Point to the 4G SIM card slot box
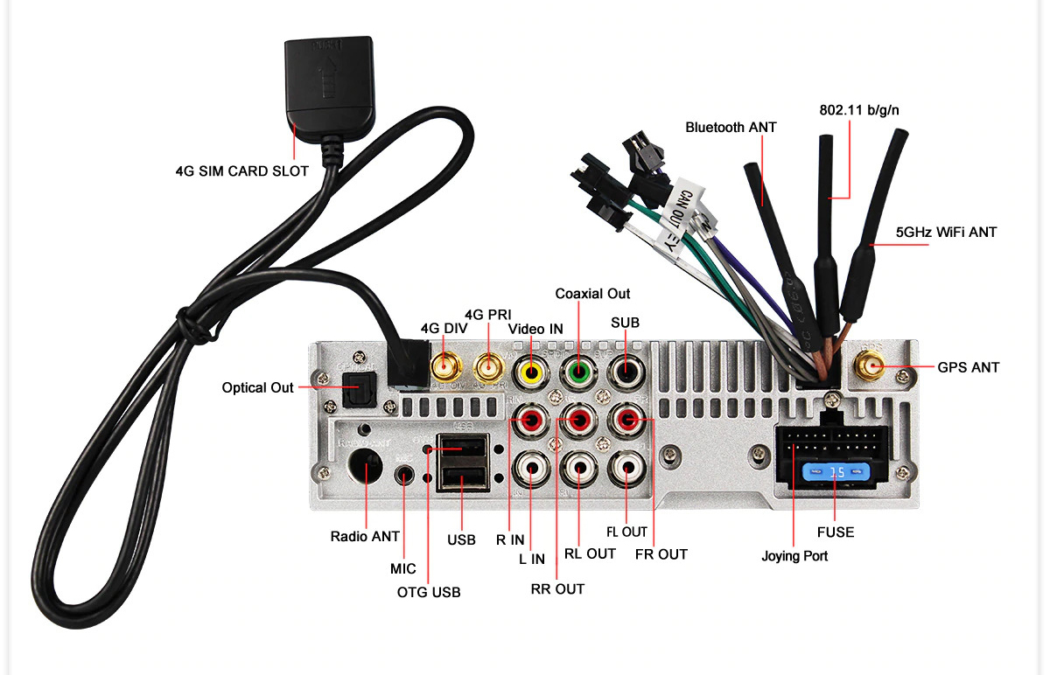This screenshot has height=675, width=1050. tap(330, 84)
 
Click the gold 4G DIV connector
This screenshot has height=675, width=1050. tap(445, 367)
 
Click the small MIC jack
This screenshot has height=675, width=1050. tap(404, 475)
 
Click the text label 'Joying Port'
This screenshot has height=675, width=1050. tap(794, 555)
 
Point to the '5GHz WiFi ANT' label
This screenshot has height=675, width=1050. tap(946, 233)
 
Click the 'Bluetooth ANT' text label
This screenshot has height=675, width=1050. tap(731, 128)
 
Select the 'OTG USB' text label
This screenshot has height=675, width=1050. tap(429, 592)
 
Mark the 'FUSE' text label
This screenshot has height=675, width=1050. tap(835, 532)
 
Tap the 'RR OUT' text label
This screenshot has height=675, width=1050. tap(557, 588)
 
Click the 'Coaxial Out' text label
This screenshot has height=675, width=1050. tap(592, 294)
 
